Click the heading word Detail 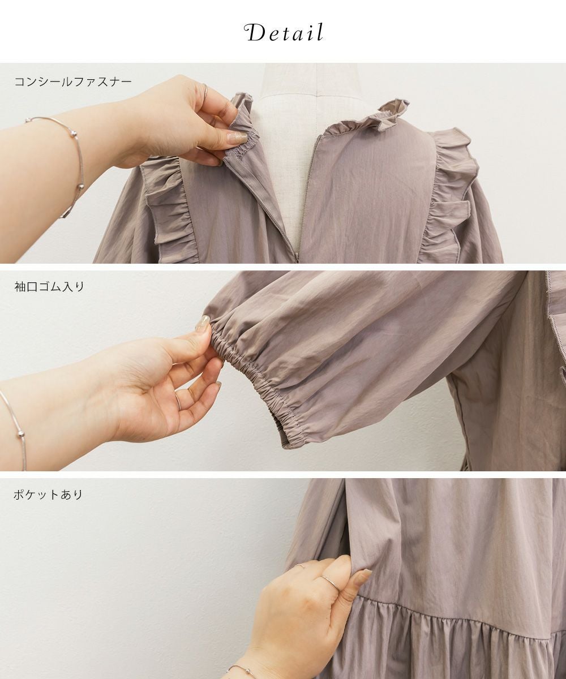pyautogui.click(x=284, y=33)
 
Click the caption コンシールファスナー pyautogui.click(x=73, y=81)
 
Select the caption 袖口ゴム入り pyautogui.click(x=49, y=286)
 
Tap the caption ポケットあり pyautogui.click(x=48, y=495)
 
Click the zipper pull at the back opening pyautogui.click(x=297, y=258)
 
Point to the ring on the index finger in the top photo pyautogui.click(x=205, y=93)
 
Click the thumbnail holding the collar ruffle pyautogui.click(x=237, y=138)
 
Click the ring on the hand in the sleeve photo pyautogui.click(x=178, y=401)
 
